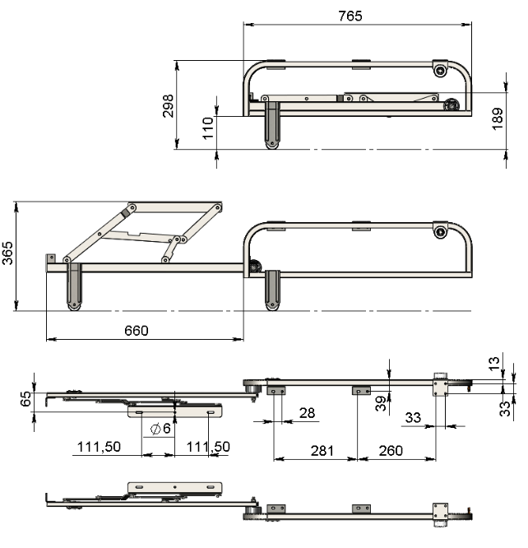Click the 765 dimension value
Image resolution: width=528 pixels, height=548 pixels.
coord(350,16)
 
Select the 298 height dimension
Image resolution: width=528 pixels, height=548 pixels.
coord(168,106)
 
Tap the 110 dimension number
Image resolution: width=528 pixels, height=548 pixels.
coord(208,128)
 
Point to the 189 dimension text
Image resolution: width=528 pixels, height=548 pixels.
coord(498,118)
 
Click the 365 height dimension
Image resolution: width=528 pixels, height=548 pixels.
coord(7,253)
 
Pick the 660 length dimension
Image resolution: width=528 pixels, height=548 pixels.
coord(137,331)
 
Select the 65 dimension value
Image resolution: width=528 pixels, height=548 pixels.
coord(25,399)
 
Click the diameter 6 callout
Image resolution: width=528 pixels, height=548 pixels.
coord(160,428)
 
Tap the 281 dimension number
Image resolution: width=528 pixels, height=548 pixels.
coord(322,451)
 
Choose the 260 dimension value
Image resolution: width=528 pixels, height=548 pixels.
coord(391,451)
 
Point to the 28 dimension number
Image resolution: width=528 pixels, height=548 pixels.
coord(307,413)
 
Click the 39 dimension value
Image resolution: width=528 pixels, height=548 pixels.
coord(381,403)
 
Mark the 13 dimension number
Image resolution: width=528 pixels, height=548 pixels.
coord(493,364)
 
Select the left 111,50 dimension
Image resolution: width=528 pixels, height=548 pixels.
coord(99,447)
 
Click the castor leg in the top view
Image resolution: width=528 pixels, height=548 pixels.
coord(272,125)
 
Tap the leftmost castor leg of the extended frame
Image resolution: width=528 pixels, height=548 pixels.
coord(74,286)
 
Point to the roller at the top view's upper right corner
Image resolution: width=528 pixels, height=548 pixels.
coord(440,71)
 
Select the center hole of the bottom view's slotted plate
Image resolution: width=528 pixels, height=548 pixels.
coord(175,487)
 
